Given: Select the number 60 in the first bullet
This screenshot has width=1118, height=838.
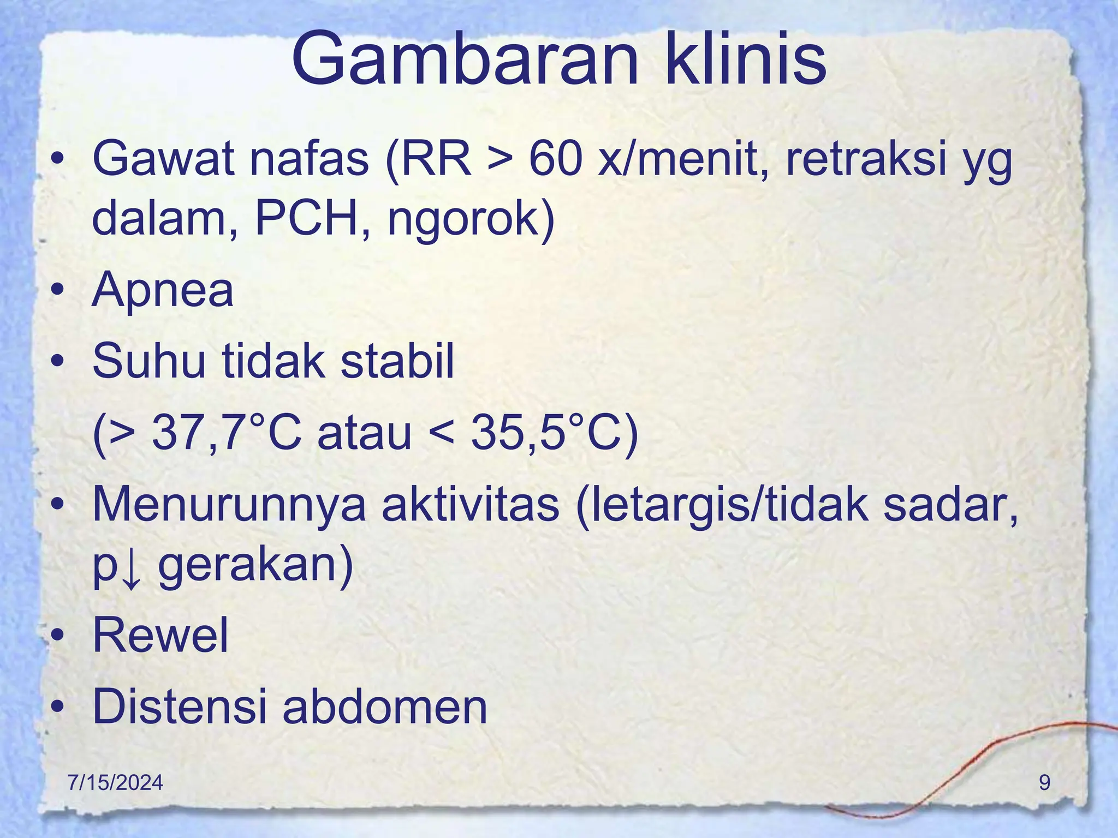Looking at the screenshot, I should pyautogui.click(x=554, y=159).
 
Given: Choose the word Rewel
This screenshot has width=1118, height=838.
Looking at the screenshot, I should pyautogui.click(x=160, y=635).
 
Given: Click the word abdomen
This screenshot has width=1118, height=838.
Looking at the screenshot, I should pyautogui.click(x=385, y=707).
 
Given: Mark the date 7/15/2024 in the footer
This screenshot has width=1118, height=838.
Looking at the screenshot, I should pyautogui.click(x=115, y=783).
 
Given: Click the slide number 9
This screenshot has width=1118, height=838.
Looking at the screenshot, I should pyautogui.click(x=1044, y=783).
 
